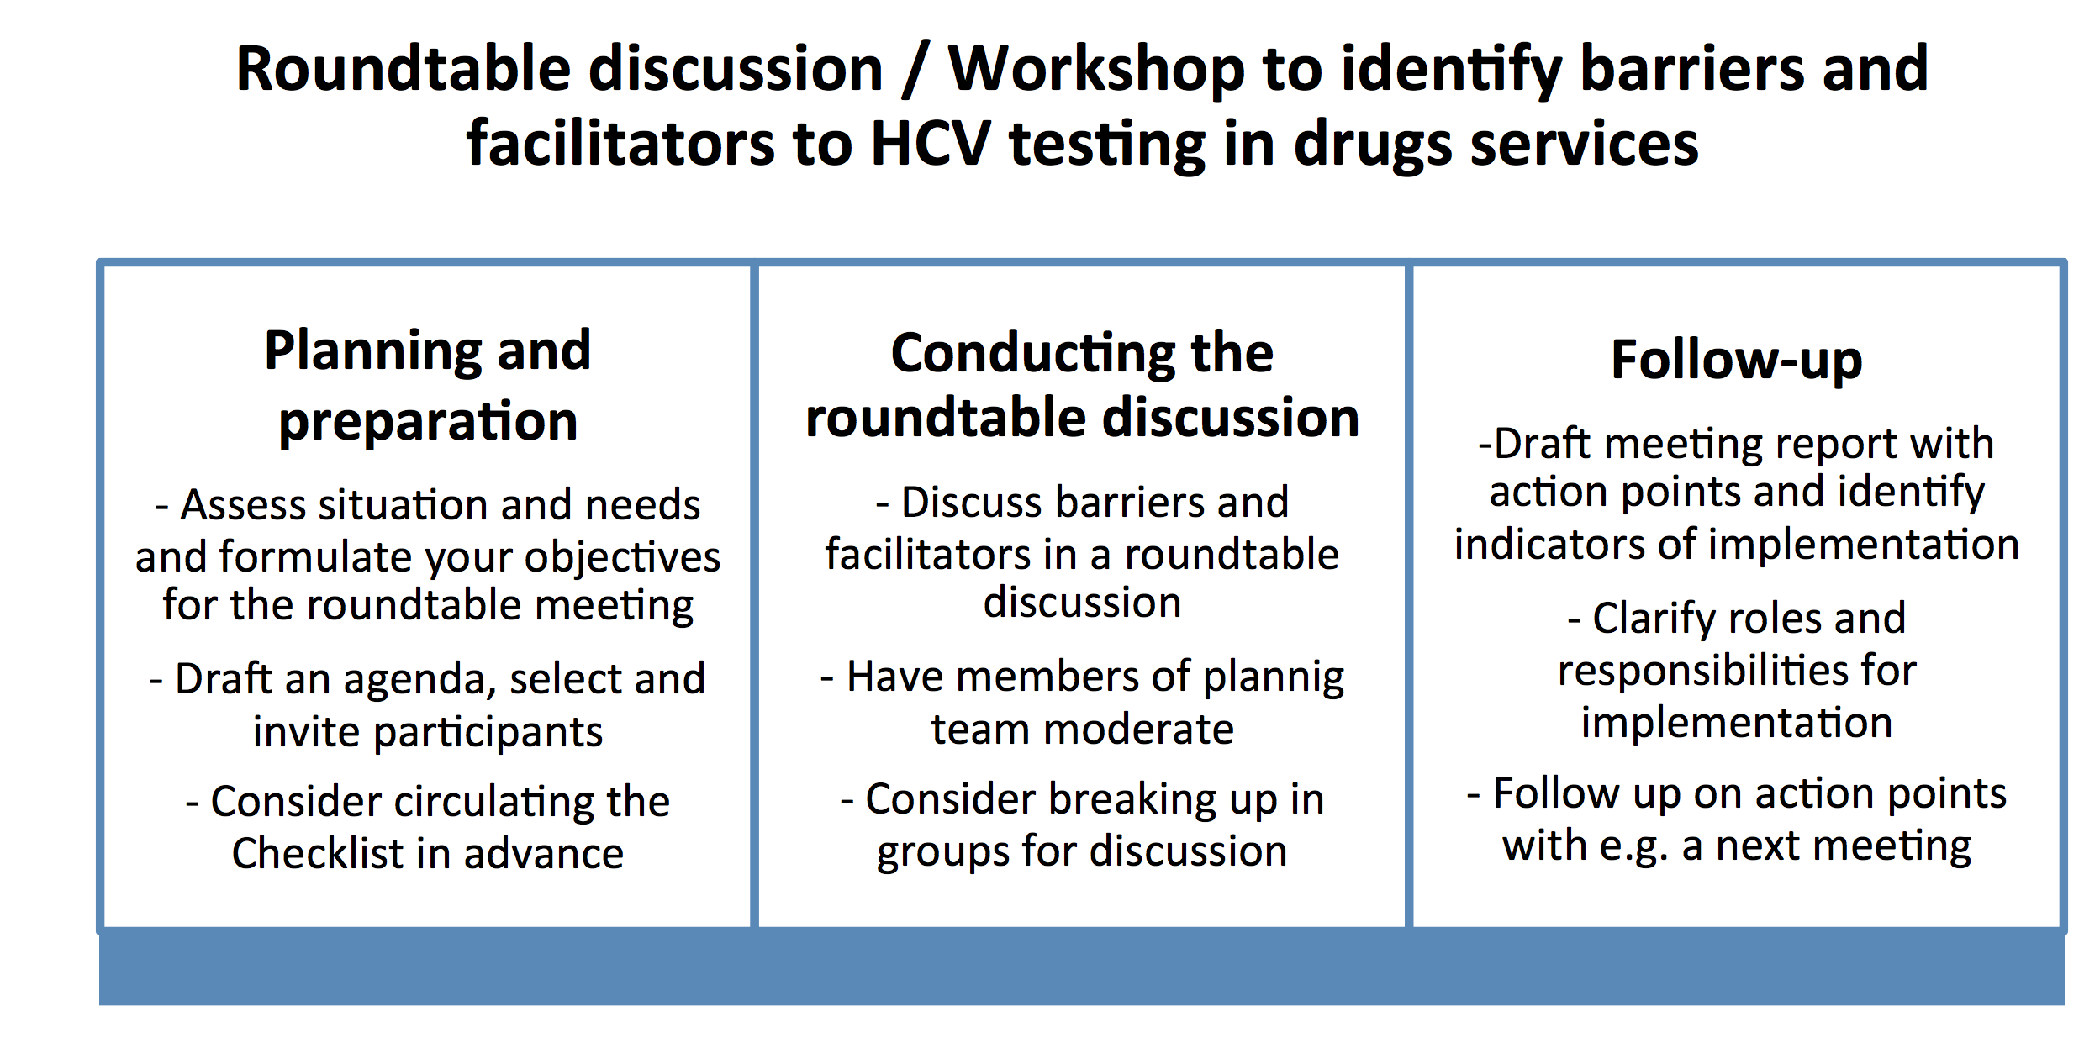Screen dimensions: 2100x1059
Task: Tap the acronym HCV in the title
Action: click(x=930, y=144)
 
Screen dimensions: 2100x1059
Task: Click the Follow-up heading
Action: click(x=1737, y=361)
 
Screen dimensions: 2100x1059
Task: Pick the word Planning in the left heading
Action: click(x=372, y=351)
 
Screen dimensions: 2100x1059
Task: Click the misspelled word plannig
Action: click(x=1274, y=678)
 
